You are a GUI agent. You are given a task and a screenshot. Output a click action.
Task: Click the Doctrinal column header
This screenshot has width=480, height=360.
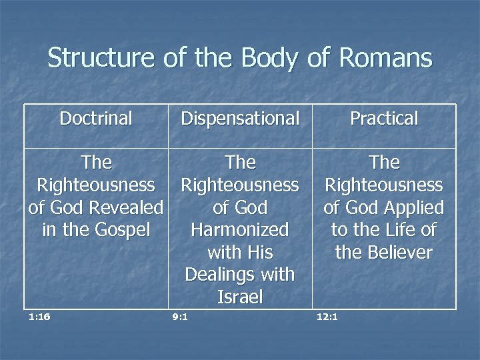pyautogui.click(x=96, y=119)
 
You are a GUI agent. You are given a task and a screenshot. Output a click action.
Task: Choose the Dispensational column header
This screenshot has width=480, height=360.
pyautogui.click(x=240, y=119)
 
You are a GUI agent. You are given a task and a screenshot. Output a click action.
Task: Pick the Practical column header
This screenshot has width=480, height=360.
pyautogui.click(x=384, y=119)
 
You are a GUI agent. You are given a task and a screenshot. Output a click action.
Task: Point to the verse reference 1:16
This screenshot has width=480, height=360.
pyautogui.click(x=39, y=317)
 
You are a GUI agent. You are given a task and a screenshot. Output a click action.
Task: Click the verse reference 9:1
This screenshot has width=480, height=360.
pyautogui.click(x=179, y=317)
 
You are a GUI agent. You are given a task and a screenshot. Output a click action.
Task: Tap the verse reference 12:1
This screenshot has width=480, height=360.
pyautogui.click(x=327, y=317)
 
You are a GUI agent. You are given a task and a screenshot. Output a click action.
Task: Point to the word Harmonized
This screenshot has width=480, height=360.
pyautogui.click(x=240, y=230)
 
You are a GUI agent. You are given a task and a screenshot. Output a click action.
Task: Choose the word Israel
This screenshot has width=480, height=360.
pyautogui.click(x=240, y=297)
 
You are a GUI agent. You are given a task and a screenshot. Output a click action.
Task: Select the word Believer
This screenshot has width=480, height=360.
pyautogui.click(x=397, y=253)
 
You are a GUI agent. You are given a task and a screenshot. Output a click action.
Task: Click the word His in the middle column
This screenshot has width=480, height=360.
pyautogui.click(x=260, y=253)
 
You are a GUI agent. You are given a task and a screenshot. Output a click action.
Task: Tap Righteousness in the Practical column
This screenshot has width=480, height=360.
pyautogui.click(x=384, y=185)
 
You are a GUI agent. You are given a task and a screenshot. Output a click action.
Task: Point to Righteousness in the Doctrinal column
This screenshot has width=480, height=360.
pyautogui.click(x=96, y=185)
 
